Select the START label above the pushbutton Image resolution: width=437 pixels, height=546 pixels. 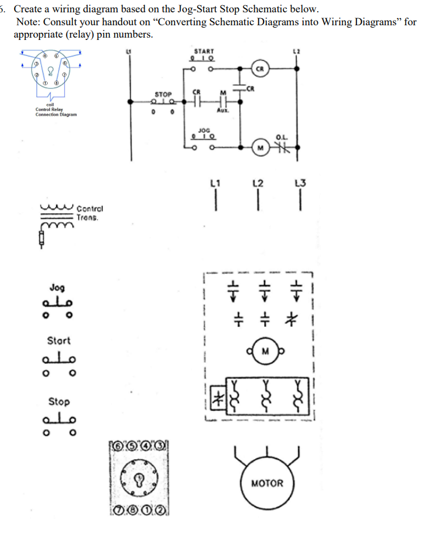point(204,52)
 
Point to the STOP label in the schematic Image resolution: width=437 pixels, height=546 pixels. point(163,93)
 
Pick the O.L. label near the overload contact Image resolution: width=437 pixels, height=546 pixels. point(282,137)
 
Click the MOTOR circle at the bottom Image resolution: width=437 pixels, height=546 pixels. point(267,484)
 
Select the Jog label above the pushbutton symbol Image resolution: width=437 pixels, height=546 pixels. point(58,288)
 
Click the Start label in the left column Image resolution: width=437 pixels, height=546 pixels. point(58,340)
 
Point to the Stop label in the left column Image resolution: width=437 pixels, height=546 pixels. point(58,402)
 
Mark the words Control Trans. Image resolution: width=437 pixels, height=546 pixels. point(89,213)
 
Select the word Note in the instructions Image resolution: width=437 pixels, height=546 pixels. point(27,22)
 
